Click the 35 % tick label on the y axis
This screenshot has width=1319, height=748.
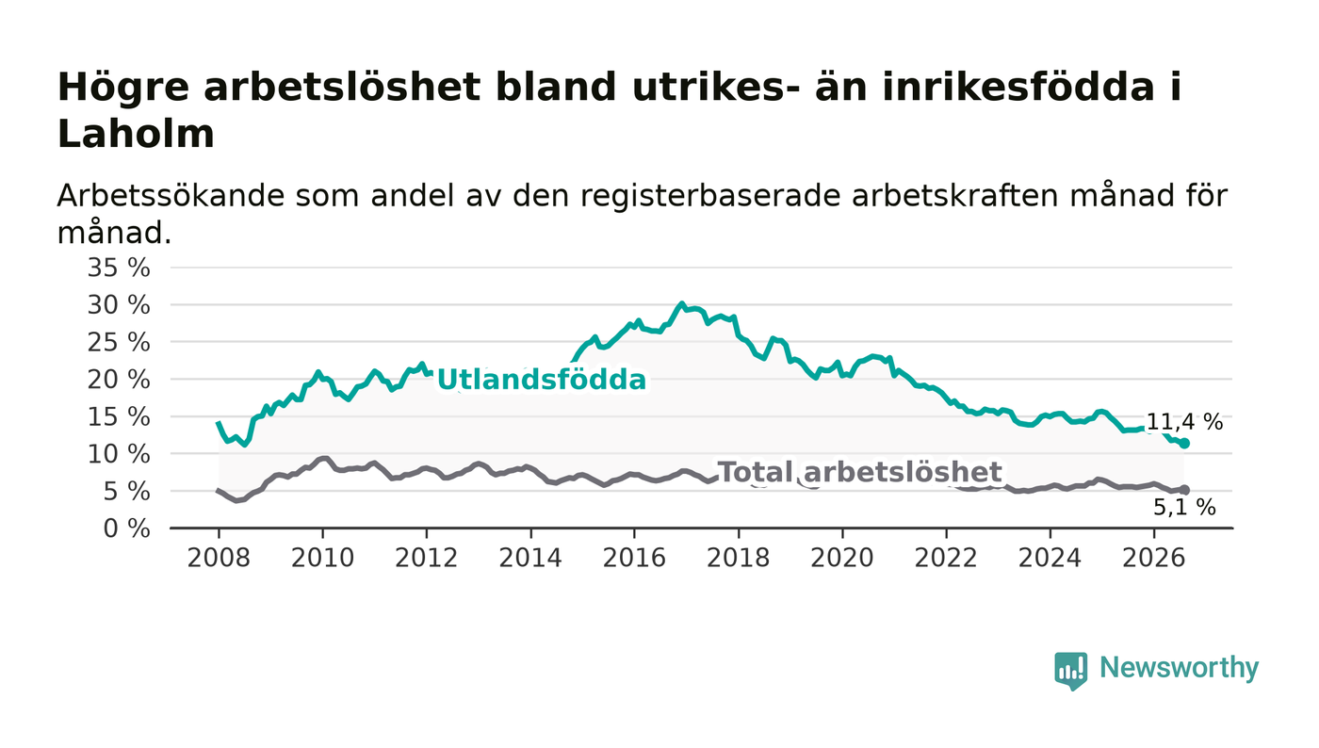coord(119,268)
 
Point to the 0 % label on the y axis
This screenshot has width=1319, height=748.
coord(126,528)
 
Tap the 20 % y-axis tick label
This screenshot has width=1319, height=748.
coord(119,380)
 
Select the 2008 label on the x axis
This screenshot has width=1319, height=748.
coord(219,559)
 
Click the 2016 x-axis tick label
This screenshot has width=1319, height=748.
coord(634,559)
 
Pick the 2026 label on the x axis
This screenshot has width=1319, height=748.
coord(1153,559)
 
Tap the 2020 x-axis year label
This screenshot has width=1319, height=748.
coord(842,559)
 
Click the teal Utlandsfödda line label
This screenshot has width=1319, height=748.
coord(542,380)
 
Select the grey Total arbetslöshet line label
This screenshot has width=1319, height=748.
coord(860,472)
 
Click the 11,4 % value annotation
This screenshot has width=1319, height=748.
coord(1185,422)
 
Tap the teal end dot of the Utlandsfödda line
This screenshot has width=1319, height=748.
coord(1185,444)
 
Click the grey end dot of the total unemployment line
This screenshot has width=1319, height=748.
coord(1185,490)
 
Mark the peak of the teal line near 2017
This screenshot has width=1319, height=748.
coord(682,304)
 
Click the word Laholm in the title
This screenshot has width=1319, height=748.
coord(136,135)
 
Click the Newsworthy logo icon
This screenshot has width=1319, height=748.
coord(1070,671)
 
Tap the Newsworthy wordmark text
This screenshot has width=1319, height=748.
coord(1180,668)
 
